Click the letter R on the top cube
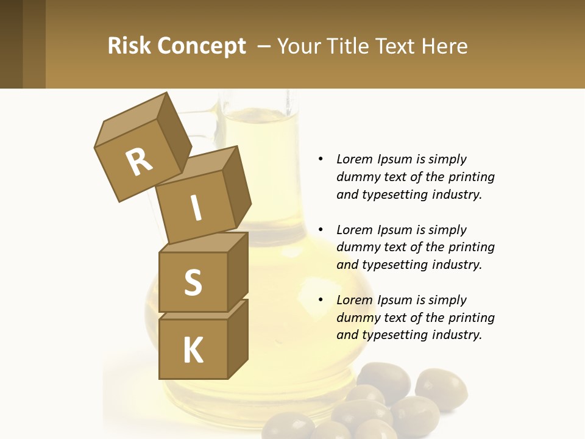click(139, 162)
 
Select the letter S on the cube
click(193, 282)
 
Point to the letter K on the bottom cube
click(193, 351)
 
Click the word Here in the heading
click(445, 46)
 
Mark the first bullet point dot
click(321, 159)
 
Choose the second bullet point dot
click(321, 230)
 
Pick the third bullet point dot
click(321, 300)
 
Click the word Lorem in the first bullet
click(354, 159)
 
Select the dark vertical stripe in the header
click(12, 44)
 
